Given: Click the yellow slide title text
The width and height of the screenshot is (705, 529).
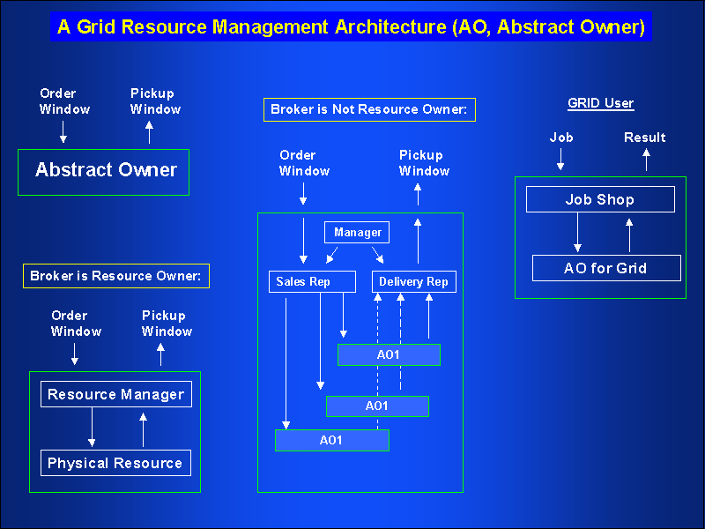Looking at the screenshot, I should point(352,26).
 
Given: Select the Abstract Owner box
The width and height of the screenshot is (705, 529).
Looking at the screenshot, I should point(104,171).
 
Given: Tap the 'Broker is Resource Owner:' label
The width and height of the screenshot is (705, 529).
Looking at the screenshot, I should point(115,276).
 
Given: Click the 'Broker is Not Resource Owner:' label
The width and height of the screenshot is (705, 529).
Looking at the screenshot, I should point(369,109).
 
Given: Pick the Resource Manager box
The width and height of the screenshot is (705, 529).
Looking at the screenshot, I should point(115,394).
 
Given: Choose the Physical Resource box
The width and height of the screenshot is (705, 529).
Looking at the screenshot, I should point(115,463).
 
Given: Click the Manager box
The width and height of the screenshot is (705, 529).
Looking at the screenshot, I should point(358,232).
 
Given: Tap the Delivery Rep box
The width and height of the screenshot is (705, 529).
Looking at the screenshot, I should point(414,282).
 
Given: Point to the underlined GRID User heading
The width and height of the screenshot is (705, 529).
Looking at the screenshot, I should point(600,103).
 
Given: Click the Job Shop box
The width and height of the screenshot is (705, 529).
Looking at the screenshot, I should point(600,200).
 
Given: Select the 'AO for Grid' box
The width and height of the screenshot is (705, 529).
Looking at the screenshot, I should point(606,268).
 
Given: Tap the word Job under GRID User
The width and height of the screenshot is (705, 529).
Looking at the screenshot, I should point(560,138).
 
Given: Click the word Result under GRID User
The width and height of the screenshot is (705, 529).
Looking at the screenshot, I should point(645,138).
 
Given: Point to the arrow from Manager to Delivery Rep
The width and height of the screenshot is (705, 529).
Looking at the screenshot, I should point(377,255).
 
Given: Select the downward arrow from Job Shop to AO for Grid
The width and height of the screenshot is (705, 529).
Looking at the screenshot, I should point(577,234).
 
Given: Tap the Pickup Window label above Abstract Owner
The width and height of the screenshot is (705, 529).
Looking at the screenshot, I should point(155,101).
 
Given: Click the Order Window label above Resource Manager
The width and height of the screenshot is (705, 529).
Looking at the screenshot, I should point(76,324).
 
